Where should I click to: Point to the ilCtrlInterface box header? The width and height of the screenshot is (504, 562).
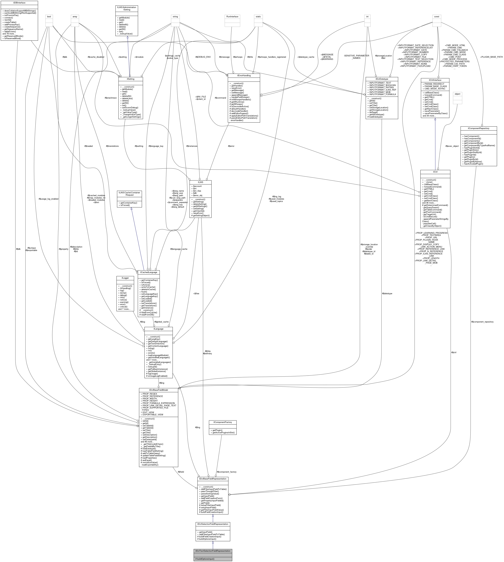tap(435, 80)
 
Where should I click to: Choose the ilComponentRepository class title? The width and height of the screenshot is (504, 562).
tap(479, 128)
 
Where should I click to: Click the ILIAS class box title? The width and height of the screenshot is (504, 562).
tap(200, 182)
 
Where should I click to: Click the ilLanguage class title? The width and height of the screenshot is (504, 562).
tap(158, 329)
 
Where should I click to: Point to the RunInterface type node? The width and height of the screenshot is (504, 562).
tap(232, 17)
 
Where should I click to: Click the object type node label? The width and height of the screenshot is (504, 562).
tap(457, 94)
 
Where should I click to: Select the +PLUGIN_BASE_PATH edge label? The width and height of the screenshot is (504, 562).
tap(491, 57)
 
